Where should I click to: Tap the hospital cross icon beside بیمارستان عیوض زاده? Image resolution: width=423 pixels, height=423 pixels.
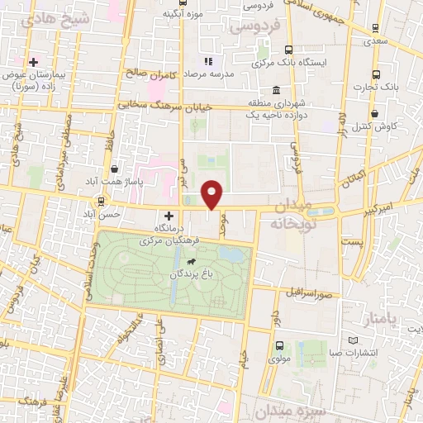33,62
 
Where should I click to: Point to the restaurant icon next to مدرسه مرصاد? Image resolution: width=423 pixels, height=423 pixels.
208,61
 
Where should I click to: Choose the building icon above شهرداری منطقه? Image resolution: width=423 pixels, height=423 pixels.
275,90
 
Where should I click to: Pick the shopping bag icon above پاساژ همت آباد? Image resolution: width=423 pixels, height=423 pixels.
125,169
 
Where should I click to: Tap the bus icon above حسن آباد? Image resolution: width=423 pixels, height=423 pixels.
102,201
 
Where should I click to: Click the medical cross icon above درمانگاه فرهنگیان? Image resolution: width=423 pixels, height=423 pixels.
169,216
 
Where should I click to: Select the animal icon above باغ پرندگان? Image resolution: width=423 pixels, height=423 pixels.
192,262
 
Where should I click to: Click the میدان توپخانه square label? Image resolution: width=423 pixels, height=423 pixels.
292,214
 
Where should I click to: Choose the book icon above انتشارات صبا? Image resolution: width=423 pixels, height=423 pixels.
354,341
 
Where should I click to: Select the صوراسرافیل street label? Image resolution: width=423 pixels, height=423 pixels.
309,293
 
